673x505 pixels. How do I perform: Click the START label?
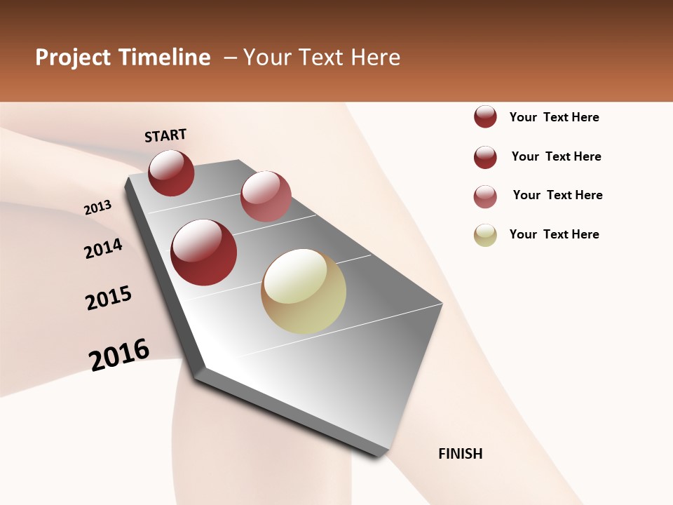pyautogui.click(x=165, y=135)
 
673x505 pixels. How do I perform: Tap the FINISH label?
pyautogui.click(x=460, y=454)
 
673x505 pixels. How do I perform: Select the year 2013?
pyautogui.click(x=97, y=208)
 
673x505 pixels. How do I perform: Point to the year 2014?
pyautogui.click(x=103, y=248)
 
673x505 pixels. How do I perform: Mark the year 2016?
pyautogui.click(x=119, y=354)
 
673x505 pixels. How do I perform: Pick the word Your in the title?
pyautogui.click(x=266, y=58)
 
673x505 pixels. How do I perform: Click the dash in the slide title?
pyautogui.click(x=229, y=58)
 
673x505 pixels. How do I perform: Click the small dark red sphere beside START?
pyautogui.click(x=171, y=173)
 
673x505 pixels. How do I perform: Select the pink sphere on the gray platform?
pyautogui.click(x=266, y=196)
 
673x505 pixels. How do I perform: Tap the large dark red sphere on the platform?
pyautogui.click(x=204, y=252)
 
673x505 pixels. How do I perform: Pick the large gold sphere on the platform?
pyautogui.click(x=304, y=291)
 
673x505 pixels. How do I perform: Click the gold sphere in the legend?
pyautogui.click(x=485, y=235)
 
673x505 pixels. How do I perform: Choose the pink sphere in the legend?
pyautogui.click(x=485, y=196)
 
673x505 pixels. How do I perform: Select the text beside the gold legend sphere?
pyautogui.click(x=554, y=234)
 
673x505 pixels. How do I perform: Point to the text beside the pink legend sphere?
pyautogui.click(x=557, y=195)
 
